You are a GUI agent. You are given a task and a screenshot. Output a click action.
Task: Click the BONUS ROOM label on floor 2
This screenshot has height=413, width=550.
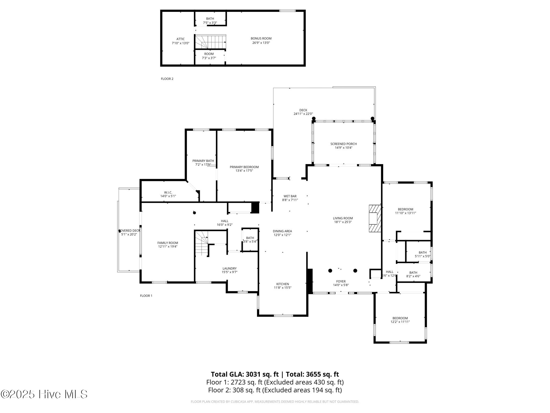261,38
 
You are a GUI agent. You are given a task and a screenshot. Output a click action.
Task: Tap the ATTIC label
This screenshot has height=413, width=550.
180,39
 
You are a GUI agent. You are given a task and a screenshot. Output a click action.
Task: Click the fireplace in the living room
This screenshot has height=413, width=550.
375,218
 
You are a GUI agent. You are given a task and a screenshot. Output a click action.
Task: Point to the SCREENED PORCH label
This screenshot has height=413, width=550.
343,144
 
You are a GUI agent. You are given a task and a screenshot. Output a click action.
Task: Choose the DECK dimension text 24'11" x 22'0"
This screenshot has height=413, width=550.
303,114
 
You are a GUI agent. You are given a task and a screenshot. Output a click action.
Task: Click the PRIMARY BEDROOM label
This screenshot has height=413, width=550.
244,167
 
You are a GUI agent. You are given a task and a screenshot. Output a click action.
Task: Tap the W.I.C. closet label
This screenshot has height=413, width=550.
168,192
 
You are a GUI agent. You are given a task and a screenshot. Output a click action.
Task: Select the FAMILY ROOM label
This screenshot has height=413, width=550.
168,243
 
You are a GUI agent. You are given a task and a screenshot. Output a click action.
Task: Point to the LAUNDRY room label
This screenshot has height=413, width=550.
229,268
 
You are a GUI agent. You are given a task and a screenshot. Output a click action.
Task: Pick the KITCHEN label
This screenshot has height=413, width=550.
283,284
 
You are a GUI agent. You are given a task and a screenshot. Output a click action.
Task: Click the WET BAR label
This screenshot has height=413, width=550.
290,196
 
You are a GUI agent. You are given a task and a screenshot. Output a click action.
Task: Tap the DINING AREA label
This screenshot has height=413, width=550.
282,231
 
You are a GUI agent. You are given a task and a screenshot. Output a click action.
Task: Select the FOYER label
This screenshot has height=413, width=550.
341,282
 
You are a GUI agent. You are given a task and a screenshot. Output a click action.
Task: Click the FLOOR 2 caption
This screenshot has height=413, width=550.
167,79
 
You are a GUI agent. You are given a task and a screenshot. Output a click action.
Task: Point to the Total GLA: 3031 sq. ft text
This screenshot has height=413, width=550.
245,374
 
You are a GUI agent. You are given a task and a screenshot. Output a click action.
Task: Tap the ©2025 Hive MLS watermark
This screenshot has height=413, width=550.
44,394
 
